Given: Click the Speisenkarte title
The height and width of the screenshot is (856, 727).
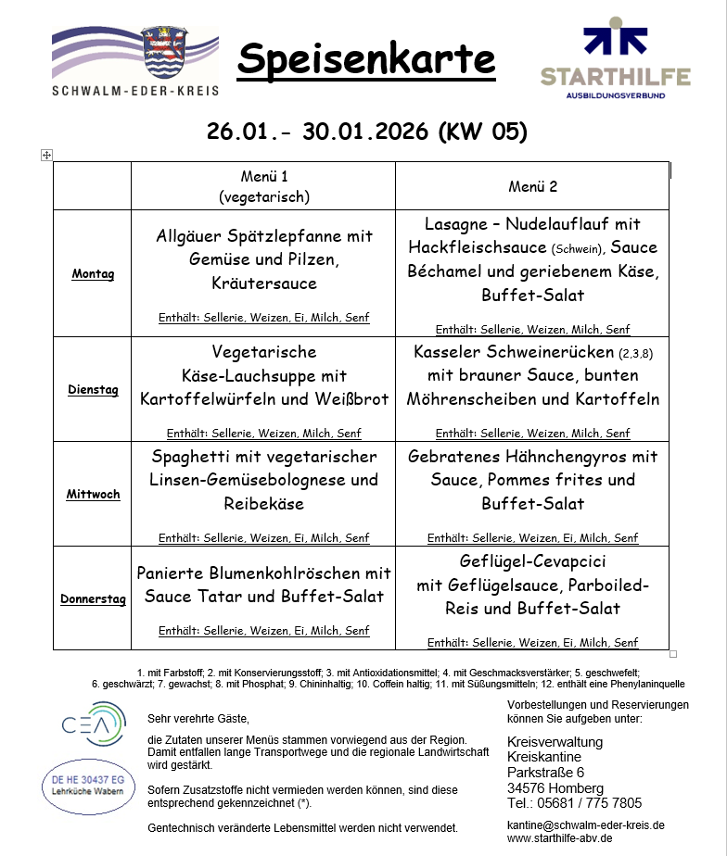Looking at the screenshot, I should (366, 60).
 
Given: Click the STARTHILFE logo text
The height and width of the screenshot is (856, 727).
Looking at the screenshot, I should (615, 77).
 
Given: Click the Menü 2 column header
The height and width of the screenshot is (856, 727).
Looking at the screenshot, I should (532, 186).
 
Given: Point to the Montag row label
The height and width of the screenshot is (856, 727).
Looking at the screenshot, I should (93, 274).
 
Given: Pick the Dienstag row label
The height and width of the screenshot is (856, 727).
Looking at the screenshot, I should (93, 390).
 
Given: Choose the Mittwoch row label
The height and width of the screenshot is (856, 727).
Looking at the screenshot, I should (93, 495).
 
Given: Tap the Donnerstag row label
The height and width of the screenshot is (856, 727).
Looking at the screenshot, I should (93, 599).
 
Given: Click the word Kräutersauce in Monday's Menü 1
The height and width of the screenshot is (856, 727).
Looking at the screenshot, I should (264, 283).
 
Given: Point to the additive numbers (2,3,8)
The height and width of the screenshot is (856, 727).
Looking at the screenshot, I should (636, 353).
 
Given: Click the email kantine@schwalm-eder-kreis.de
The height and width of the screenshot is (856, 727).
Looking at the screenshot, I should (586, 825).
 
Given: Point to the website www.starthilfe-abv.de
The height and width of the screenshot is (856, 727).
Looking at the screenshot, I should (560, 838).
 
